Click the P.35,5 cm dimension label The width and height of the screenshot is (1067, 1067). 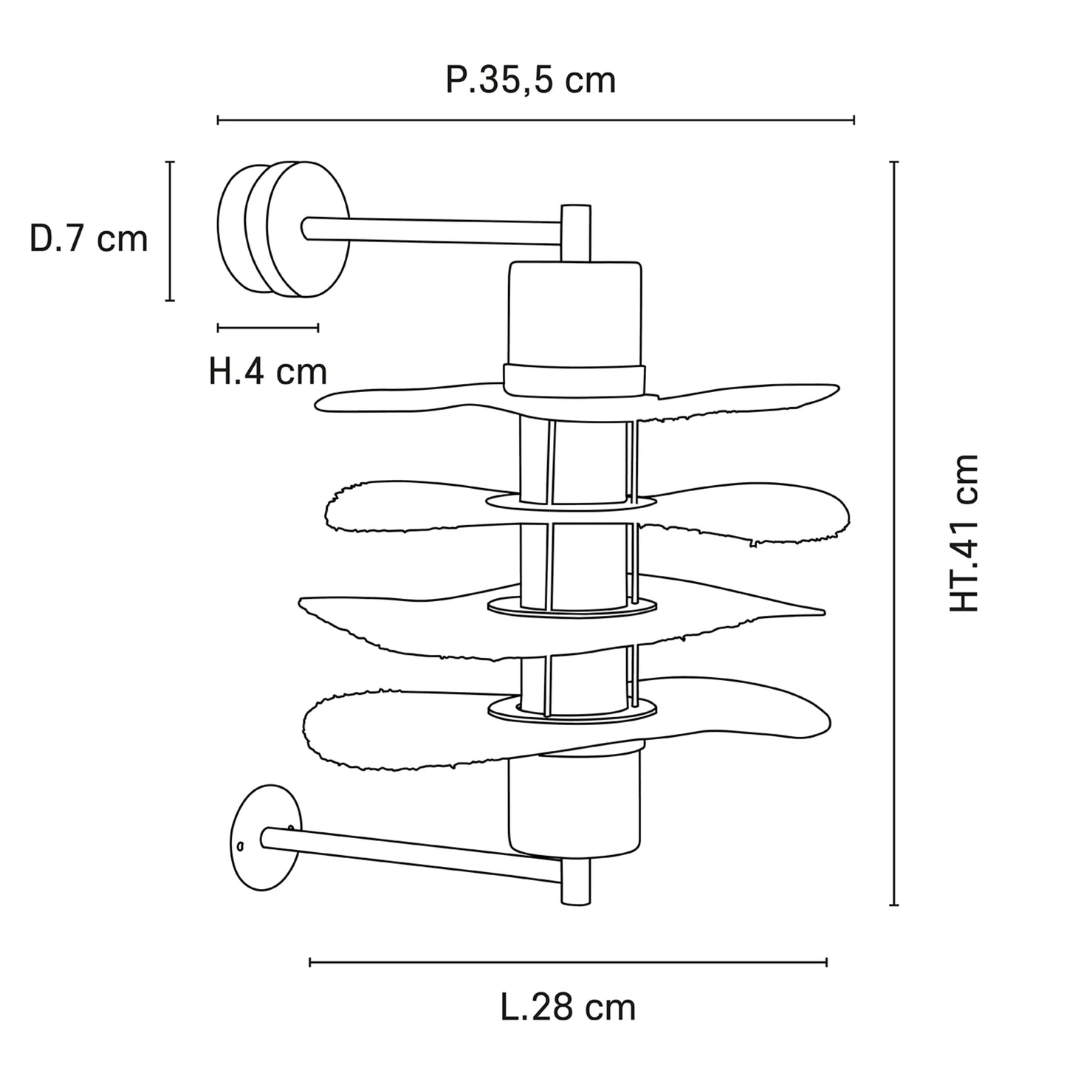click(530, 81)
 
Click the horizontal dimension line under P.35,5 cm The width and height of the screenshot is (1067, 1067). click(535, 120)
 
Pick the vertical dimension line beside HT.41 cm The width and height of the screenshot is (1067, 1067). click(893, 533)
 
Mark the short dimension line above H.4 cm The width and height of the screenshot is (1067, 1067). click(268, 328)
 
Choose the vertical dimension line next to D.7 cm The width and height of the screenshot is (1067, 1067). click(170, 231)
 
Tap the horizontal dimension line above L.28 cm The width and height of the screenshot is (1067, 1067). click(568, 962)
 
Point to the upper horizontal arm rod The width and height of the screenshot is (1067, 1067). click(431, 230)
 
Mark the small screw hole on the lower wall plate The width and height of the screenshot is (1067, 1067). click(240, 847)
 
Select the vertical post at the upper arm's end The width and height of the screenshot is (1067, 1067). click(576, 233)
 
